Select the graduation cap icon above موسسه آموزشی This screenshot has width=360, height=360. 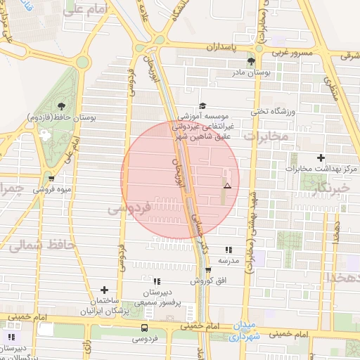click(202, 105)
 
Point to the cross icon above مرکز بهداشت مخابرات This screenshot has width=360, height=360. click(321, 159)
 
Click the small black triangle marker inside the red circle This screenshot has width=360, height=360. click(227, 186)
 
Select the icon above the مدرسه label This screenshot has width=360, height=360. click(228, 250)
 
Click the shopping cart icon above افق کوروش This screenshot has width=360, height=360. click(208, 270)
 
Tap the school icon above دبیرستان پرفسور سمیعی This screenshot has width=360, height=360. click(157, 281)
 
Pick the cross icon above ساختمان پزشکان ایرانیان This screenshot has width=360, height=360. click(104, 290)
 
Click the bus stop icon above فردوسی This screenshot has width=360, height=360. click(144, 328)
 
